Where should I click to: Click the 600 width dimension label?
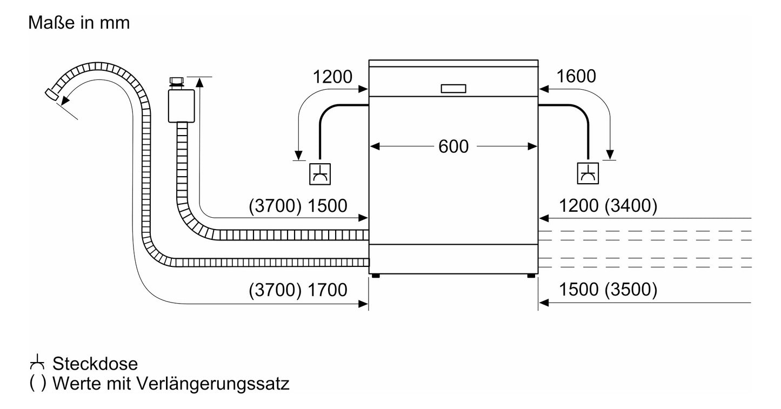453,146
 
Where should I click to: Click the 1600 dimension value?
576,76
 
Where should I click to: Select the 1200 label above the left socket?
332,77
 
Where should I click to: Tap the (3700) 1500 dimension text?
298,206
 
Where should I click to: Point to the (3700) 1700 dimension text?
298,290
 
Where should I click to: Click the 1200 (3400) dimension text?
608,205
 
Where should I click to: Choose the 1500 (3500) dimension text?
608,290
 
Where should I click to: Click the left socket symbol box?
320,174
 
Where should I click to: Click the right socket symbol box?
588,173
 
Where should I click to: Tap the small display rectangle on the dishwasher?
453,89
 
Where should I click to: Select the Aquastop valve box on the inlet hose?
181,106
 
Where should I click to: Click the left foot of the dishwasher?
376,276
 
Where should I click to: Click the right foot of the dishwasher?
531,276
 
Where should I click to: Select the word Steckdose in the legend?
95,364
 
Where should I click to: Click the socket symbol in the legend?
37,363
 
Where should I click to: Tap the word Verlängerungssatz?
213,384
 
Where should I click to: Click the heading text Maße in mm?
79,23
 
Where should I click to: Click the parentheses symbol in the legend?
38,384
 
